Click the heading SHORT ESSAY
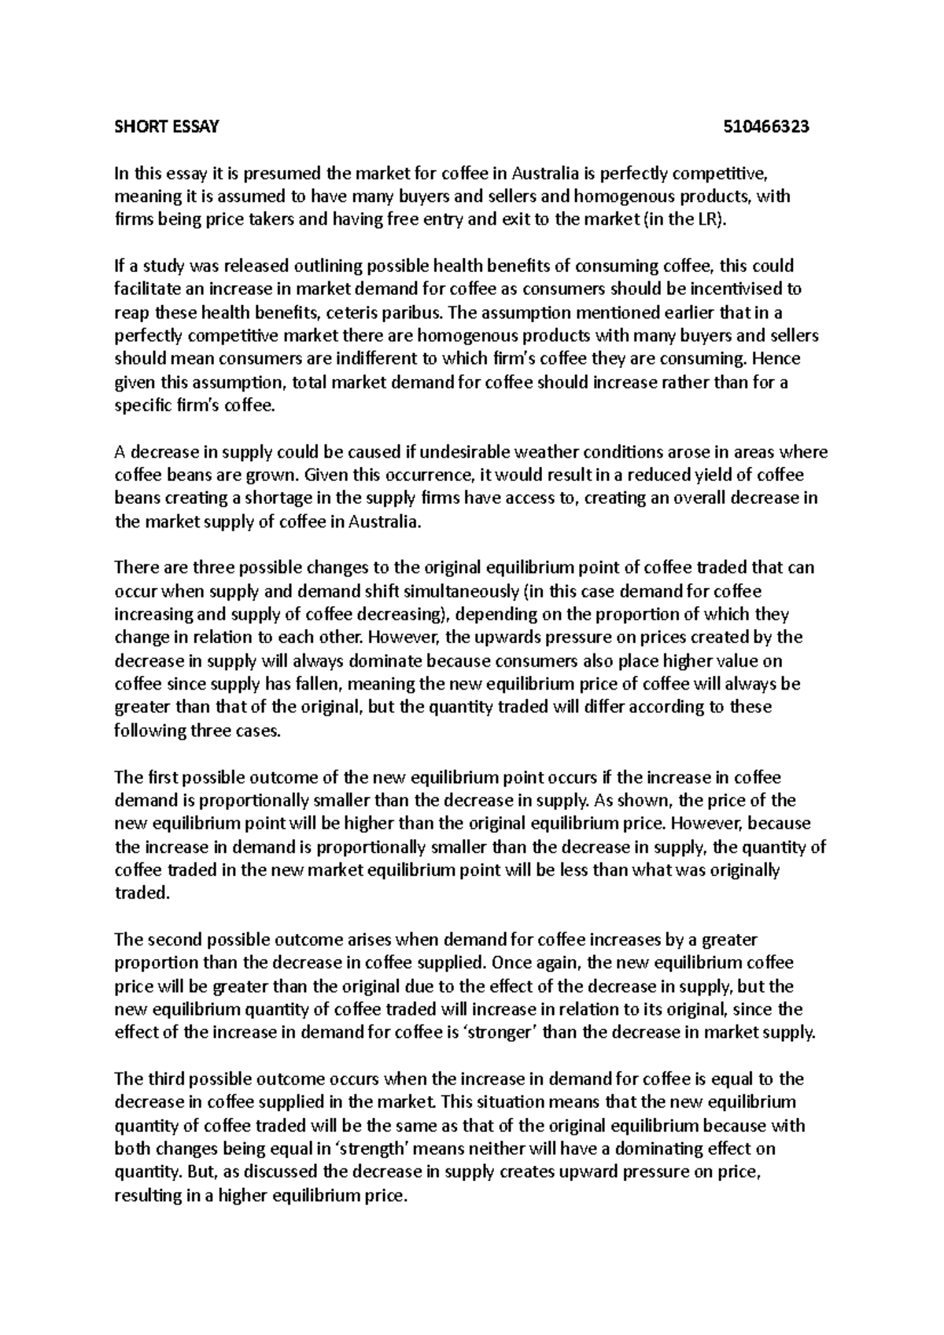click(167, 127)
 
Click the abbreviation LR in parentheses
click(706, 219)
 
